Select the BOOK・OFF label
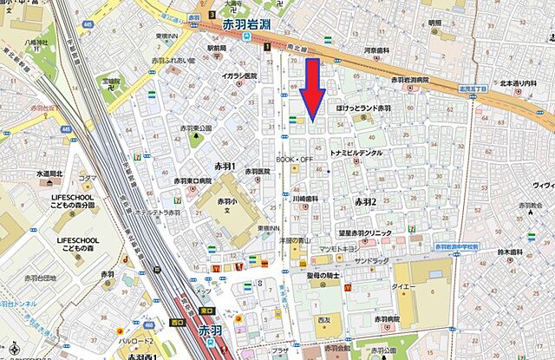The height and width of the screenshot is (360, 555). click(294, 160)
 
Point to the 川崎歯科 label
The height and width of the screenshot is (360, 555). click(304, 199)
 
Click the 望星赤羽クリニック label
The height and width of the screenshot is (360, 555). click(368, 233)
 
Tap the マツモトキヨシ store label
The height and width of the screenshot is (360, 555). click(339, 249)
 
